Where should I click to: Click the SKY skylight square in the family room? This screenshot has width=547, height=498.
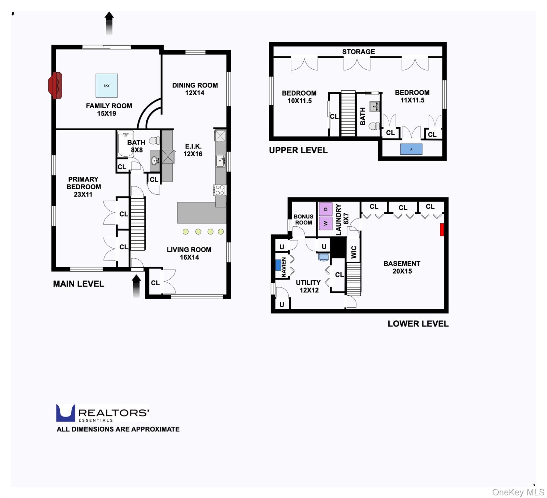click(106, 86)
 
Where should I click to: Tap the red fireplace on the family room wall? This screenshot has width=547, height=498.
click(55, 86)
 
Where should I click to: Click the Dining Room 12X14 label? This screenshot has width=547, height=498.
click(195, 89)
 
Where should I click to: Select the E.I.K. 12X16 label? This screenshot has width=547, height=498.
click(193, 150)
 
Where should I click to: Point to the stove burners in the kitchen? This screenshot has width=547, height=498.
click(220, 190)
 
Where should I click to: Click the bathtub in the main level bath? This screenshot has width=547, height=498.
click(126, 144)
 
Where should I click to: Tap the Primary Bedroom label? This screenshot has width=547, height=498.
click(83, 187)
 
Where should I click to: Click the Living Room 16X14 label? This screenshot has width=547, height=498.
click(189, 253)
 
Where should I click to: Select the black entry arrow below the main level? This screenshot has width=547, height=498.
click(137, 286)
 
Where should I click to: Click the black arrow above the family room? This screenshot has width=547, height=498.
click(109, 23)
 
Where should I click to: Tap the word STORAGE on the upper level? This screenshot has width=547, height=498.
click(359, 52)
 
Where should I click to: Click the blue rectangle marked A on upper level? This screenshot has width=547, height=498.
click(411, 149)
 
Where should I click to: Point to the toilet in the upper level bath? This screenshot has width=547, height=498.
click(375, 126)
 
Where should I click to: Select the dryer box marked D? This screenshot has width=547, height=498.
click(326, 209)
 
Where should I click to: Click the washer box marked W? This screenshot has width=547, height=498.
click(326, 223)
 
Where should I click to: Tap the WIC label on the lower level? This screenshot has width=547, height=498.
click(354, 252)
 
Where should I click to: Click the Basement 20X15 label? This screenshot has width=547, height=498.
click(402, 267)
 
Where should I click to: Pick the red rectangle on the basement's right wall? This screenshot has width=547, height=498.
click(442, 230)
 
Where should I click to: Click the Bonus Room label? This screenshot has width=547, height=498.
click(304, 219)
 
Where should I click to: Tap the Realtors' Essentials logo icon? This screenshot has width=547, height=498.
click(66, 413)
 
